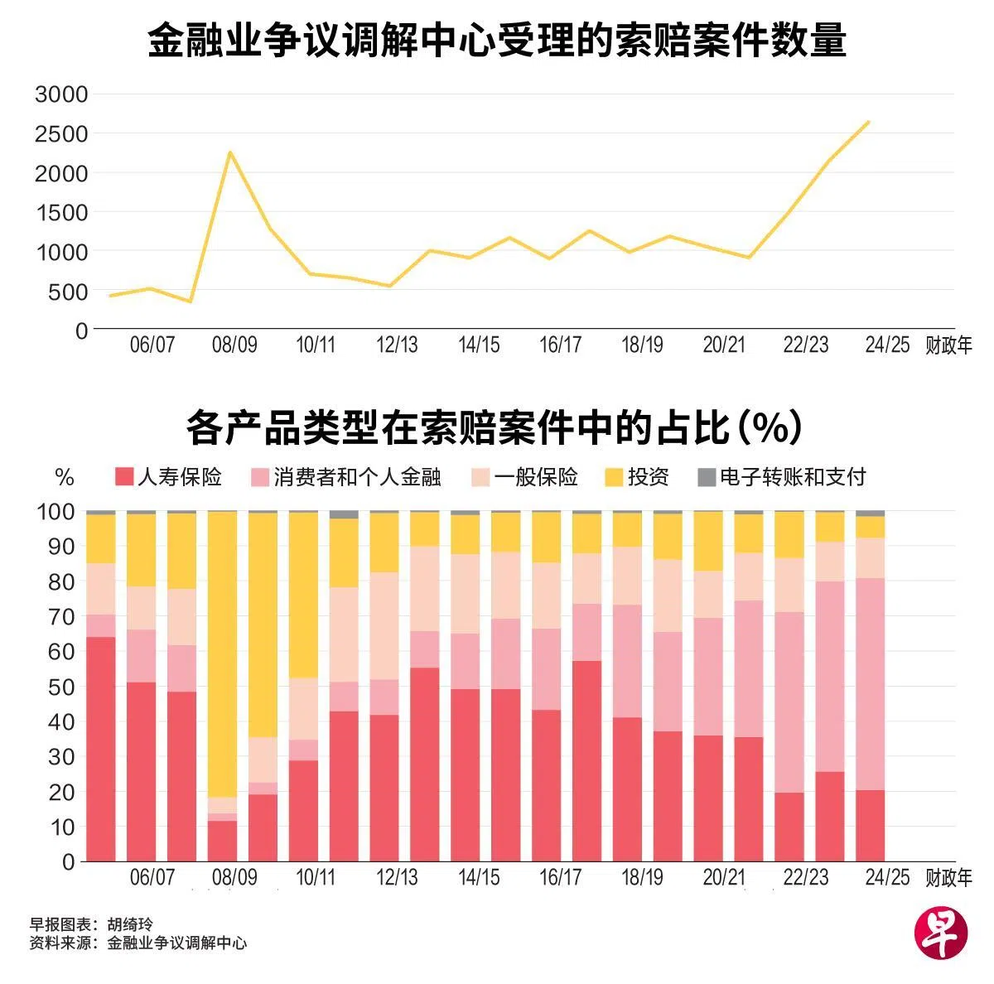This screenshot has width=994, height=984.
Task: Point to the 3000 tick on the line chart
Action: tap(61, 94)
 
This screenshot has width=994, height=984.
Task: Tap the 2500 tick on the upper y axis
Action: tap(61, 134)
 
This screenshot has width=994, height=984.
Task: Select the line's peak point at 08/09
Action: tap(230, 152)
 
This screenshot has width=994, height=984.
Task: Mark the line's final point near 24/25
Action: tap(868, 122)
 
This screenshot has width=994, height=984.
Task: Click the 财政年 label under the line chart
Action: tap(948, 345)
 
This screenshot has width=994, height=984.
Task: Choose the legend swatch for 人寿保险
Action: tap(123, 477)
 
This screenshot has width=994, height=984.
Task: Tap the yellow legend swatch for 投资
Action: tap(613, 477)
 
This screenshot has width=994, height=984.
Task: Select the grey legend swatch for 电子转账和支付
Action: tap(706, 477)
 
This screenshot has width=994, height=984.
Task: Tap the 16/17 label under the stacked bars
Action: tap(561, 877)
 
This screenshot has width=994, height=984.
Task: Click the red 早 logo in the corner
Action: tap(940, 933)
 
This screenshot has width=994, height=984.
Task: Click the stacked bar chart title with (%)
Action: tap(495, 428)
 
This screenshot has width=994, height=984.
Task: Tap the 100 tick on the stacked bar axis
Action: tap(57, 512)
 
